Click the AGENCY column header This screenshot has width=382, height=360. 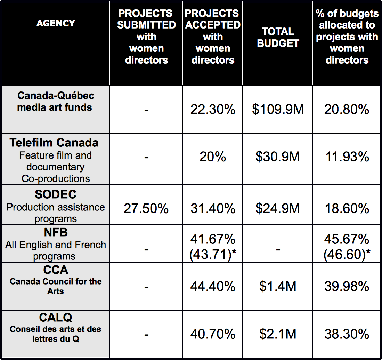tap(56, 23)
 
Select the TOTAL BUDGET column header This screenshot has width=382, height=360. tap(278, 37)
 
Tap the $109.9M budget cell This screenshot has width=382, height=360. tap(278, 109)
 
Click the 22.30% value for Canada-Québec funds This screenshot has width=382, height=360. tap(213, 109)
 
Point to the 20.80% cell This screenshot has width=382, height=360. tap(347, 109)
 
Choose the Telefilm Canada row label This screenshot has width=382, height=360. tap(54, 143)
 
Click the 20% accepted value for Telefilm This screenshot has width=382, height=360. tap(213, 157)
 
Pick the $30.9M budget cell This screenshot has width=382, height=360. tap(278, 157)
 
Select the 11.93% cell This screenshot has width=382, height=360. tap(347, 157)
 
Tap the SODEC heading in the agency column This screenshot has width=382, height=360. tap(56, 194)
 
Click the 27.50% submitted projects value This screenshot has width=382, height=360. tap(146, 208)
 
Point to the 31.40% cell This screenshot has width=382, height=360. tap(213, 208)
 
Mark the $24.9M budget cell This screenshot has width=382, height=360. tap(278, 208)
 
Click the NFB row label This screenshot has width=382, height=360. tap(56, 232)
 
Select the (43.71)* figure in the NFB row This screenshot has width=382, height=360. tap(213, 255)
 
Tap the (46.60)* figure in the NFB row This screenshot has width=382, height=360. tap(347, 255)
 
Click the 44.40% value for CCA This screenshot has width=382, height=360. tap(213, 286)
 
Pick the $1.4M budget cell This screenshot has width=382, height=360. tap(278, 286)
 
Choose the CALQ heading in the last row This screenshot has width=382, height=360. tap(56, 318)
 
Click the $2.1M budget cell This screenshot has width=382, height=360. tap(278, 334)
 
